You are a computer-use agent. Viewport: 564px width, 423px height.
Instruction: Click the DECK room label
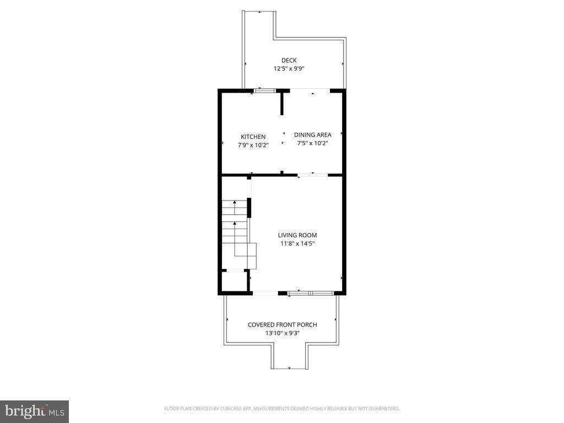coord(289,61)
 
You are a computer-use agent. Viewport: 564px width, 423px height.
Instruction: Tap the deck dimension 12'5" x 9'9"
coord(289,69)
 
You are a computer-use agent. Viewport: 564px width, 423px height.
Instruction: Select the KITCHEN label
coord(253,137)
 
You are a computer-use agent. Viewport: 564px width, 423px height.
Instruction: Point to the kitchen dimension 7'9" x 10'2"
coord(253,145)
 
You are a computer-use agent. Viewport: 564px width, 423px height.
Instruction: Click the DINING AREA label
coord(312,134)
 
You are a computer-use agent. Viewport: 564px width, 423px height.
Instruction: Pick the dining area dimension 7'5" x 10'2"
coord(312,143)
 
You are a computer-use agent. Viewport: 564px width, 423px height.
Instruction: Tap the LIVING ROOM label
coord(297,235)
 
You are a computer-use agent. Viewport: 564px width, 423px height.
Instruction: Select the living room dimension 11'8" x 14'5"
coord(297,243)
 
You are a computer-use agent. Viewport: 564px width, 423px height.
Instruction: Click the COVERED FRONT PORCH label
coord(282,324)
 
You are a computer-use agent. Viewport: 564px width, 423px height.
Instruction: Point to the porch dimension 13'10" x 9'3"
coord(282,333)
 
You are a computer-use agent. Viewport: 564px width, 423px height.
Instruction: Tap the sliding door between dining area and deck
coord(310,90)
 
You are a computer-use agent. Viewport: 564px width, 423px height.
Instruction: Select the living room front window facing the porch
coord(311,293)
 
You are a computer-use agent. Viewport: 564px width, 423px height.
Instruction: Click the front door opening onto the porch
coord(265,293)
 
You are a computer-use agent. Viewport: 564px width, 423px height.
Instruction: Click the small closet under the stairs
coord(234,280)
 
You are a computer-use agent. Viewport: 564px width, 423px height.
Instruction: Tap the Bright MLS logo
coord(34,411)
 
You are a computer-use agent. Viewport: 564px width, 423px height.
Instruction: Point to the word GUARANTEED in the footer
coord(383,409)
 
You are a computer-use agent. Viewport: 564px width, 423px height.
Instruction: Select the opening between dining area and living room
coord(312,175)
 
